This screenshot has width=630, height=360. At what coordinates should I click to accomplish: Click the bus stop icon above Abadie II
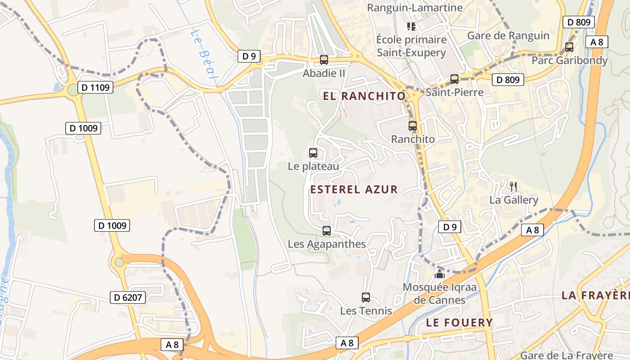click(x=324, y=60)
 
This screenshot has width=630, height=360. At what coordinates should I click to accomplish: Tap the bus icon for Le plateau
click(x=313, y=153)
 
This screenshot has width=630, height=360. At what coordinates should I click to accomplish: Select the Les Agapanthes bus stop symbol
click(x=327, y=231)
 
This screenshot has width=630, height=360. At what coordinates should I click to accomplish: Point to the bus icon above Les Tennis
click(x=366, y=297)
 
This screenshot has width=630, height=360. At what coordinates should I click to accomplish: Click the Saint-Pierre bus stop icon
click(x=454, y=79)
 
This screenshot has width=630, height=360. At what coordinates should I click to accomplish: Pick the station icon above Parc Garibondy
click(x=569, y=47)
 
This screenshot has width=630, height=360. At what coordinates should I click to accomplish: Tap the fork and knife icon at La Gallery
click(x=513, y=186)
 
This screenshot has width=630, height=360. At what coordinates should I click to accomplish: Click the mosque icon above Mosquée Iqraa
click(x=440, y=274)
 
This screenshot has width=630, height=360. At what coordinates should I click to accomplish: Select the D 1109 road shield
click(x=95, y=87)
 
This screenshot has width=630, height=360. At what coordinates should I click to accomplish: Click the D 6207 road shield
click(x=128, y=297)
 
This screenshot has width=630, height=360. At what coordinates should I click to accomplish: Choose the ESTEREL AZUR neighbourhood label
click(x=354, y=189)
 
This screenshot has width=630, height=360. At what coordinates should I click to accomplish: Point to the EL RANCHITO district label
click(x=364, y=96)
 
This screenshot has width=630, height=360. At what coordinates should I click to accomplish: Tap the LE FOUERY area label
click(x=459, y=323)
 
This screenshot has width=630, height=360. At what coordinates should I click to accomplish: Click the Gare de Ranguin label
click(x=508, y=36)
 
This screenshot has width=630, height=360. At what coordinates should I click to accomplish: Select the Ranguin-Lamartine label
click(x=414, y=8)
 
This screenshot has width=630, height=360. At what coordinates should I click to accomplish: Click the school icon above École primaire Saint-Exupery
click(x=411, y=27)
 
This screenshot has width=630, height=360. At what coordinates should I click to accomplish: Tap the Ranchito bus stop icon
click(x=413, y=126)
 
